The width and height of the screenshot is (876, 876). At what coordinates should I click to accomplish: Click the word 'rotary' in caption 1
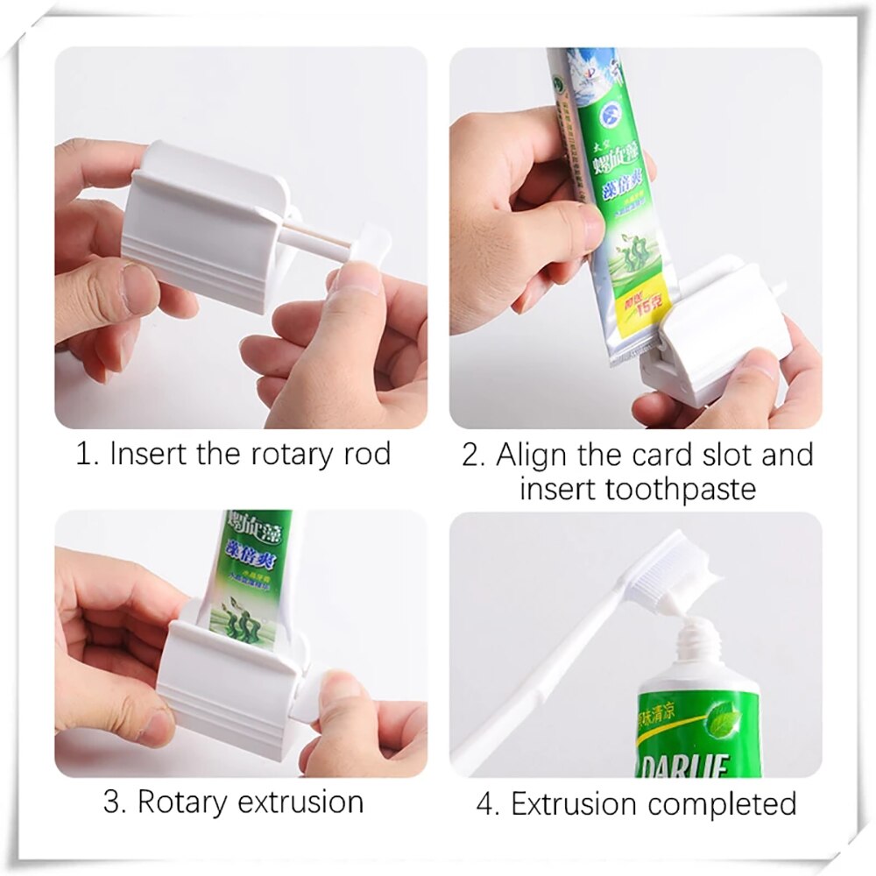[x=281, y=455]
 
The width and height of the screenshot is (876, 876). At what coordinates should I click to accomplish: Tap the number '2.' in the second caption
[x=473, y=456]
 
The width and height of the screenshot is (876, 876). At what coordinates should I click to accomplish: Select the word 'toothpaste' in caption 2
[x=637, y=487]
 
